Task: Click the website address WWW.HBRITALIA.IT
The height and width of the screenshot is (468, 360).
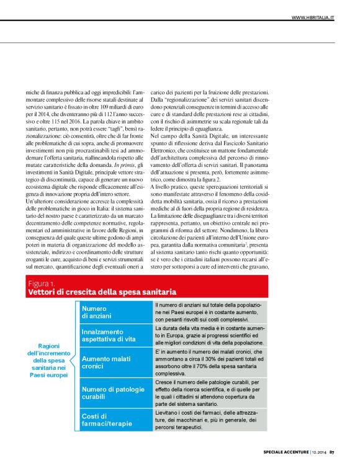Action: pos(313,18)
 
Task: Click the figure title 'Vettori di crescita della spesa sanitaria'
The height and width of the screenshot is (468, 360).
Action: pos(103,292)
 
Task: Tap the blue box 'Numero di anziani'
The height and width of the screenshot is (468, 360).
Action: pos(115,312)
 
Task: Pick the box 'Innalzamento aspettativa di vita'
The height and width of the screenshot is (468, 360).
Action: pos(115,335)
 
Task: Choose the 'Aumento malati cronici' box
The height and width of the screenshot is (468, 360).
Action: pos(115,362)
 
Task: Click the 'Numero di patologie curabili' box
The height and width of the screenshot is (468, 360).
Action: pos(115,392)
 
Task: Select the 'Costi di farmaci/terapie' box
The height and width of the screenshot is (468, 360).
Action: pos(115,420)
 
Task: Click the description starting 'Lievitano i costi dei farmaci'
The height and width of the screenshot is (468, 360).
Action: pos(209,420)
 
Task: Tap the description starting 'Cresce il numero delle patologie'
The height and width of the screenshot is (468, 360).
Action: pos(209,392)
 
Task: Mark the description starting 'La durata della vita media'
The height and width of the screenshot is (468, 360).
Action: pos(209,335)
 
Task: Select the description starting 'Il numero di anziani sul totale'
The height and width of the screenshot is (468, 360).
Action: pos(209,312)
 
